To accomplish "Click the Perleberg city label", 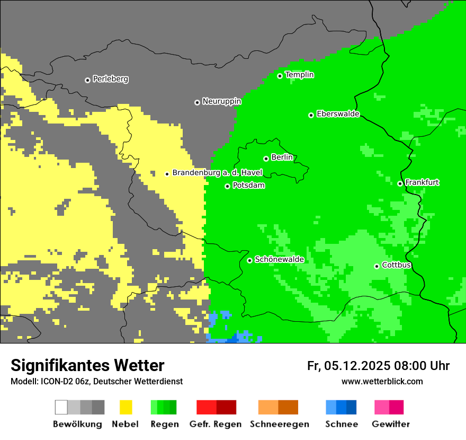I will point(110,79).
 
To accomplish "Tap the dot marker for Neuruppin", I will point(197,102).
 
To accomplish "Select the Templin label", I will point(299,75).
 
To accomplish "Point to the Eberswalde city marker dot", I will point(311,115).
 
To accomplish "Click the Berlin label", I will point(282,157).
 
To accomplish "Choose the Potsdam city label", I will point(248,186).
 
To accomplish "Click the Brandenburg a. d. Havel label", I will point(217,173).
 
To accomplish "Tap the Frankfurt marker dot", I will point(400,183).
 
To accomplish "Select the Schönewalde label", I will point(279,259).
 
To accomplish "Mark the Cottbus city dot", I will point(377,266).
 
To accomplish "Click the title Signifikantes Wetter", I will point(87,365).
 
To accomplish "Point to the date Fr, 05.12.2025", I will point(348,366).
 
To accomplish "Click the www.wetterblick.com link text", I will point(382,381).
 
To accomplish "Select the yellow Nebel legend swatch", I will point(126,407).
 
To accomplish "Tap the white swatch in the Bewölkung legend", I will point(61,407).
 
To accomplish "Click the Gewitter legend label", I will point(390,424).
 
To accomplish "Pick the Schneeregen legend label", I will point(279,424).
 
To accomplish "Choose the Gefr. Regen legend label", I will point(215,424).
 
